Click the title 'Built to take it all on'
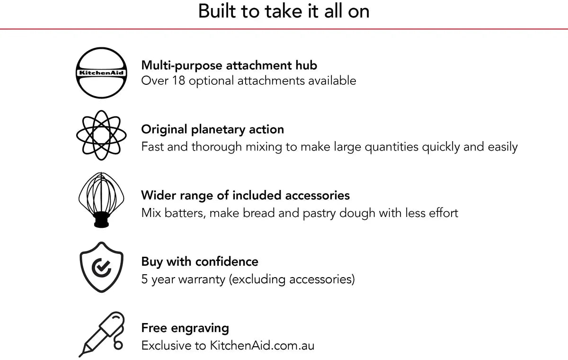[284, 11]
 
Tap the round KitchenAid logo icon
[102, 73]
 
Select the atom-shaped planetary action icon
[101, 135]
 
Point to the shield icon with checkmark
[101, 267]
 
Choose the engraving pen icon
[101, 334]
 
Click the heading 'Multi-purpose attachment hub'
[229, 65]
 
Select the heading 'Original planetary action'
[213, 129]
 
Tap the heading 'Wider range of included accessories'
[245, 195]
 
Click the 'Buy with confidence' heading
[200, 261]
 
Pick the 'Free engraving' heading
[185, 328]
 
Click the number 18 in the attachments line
[177, 81]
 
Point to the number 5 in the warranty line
[144, 279]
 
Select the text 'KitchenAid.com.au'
[262, 345]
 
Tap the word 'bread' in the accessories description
[259, 213]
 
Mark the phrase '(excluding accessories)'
[292, 279]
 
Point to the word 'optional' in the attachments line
[212, 81]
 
